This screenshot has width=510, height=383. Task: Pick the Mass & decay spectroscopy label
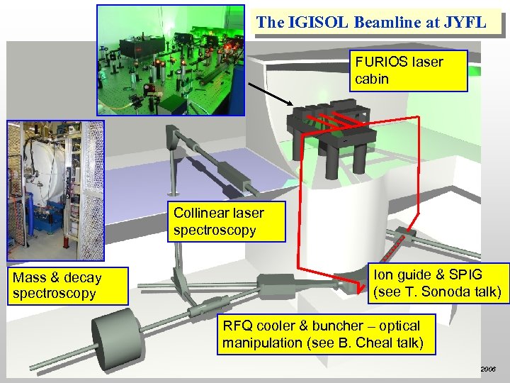[67, 286]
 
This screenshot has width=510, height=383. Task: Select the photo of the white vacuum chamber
[55, 191]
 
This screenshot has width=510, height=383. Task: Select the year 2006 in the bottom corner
[489, 370]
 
